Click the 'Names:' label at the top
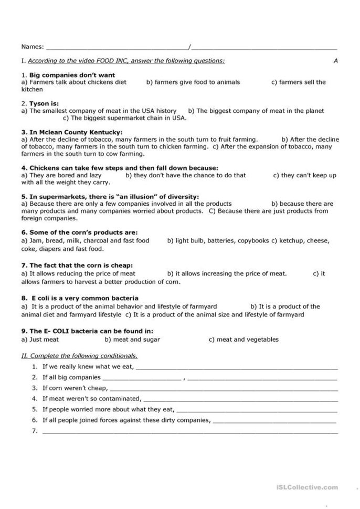click(x=33, y=47)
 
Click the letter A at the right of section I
click(x=335, y=61)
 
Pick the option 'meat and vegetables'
click(x=243, y=340)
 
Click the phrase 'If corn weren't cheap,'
click(x=75, y=388)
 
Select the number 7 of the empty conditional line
click(x=35, y=431)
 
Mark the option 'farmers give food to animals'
click(x=193, y=82)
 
